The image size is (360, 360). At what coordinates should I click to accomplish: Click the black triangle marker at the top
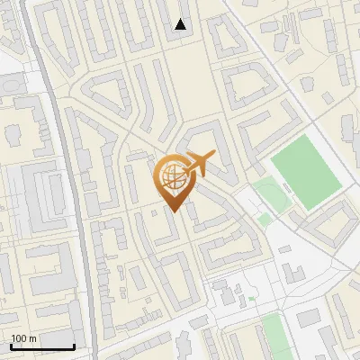tap(181, 24)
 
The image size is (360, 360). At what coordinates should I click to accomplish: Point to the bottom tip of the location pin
tap(172, 212)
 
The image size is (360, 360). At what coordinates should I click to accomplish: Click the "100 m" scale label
tap(23, 338)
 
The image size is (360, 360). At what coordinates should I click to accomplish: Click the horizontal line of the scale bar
tap(42, 346)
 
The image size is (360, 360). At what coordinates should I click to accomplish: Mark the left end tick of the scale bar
tap(11, 345)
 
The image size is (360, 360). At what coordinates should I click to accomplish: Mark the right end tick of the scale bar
tap(74, 345)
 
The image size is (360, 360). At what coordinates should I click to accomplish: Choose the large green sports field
tap(306, 170)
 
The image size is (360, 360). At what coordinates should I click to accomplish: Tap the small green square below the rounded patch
tap(264, 219)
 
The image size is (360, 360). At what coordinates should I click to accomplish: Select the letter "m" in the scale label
tap(32, 338)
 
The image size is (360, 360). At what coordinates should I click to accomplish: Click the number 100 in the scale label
tap(19, 338)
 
